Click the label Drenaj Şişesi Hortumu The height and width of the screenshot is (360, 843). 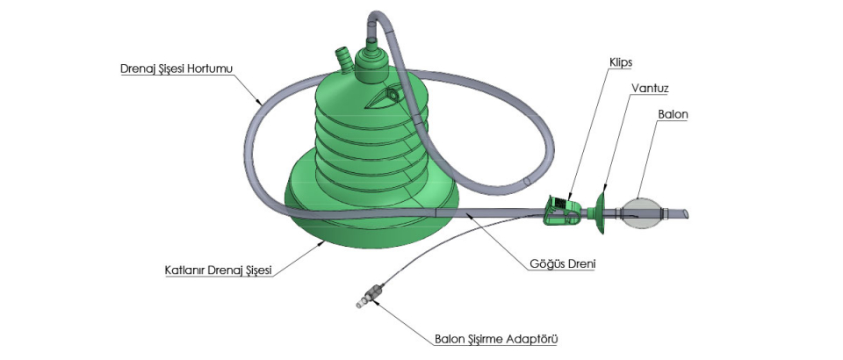tap(177, 68)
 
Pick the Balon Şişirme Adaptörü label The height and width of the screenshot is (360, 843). tap(497, 337)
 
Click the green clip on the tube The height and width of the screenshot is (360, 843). tap(561, 210)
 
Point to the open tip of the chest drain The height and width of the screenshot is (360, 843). tap(688, 213)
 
